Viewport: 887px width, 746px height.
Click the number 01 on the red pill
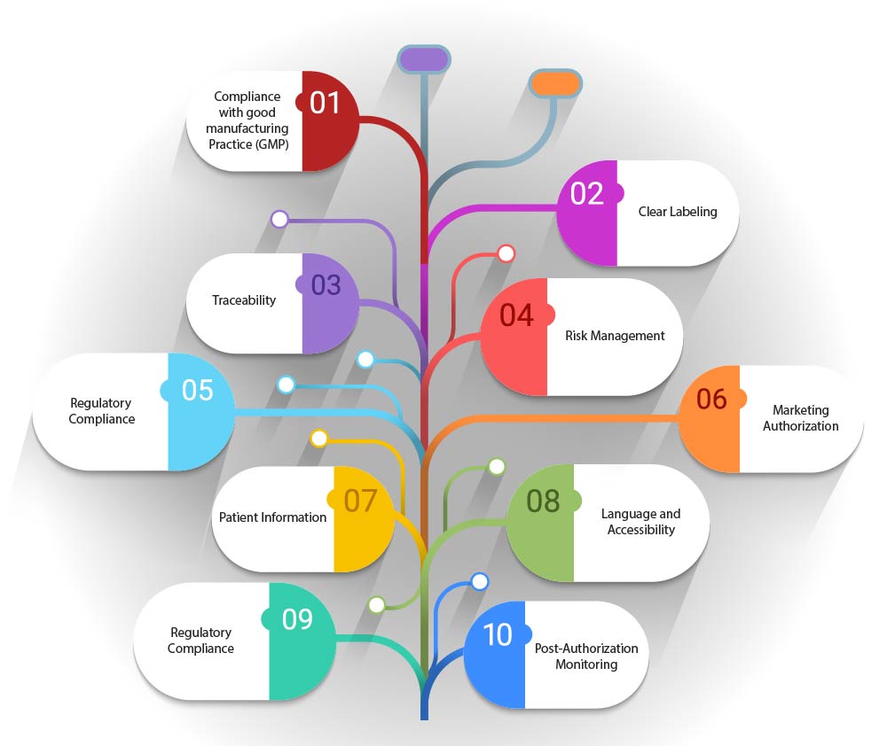pyautogui.click(x=325, y=103)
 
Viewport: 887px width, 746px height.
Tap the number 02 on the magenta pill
pyautogui.click(x=587, y=193)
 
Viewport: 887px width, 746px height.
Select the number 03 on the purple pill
pyautogui.click(x=326, y=285)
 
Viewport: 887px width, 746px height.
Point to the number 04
pyautogui.click(x=517, y=315)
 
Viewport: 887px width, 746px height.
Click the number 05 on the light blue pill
pyautogui.click(x=198, y=390)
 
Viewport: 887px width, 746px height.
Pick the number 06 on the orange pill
pyautogui.click(x=711, y=399)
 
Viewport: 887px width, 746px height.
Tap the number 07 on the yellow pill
pyautogui.click(x=361, y=501)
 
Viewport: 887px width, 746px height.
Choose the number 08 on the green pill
pyautogui.click(x=543, y=501)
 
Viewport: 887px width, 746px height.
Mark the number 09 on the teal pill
pyautogui.click(x=298, y=618)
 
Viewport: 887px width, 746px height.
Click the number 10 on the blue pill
pyautogui.click(x=498, y=634)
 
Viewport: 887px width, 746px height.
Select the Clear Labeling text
pyautogui.click(x=678, y=212)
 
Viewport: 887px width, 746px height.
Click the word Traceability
pyautogui.click(x=244, y=300)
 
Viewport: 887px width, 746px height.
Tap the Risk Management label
pyautogui.click(x=615, y=336)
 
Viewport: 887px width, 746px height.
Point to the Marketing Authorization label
pyautogui.click(x=800, y=418)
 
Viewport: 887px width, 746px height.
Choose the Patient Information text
pyautogui.click(x=273, y=517)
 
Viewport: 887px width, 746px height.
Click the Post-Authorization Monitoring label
pyautogui.click(x=585, y=656)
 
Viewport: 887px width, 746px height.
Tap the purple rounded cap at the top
pyautogui.click(x=424, y=59)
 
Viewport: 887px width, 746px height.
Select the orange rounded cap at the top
pyautogui.click(x=555, y=84)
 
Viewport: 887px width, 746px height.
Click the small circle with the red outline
pyautogui.click(x=506, y=254)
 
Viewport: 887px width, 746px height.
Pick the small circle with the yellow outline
pyautogui.click(x=319, y=438)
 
